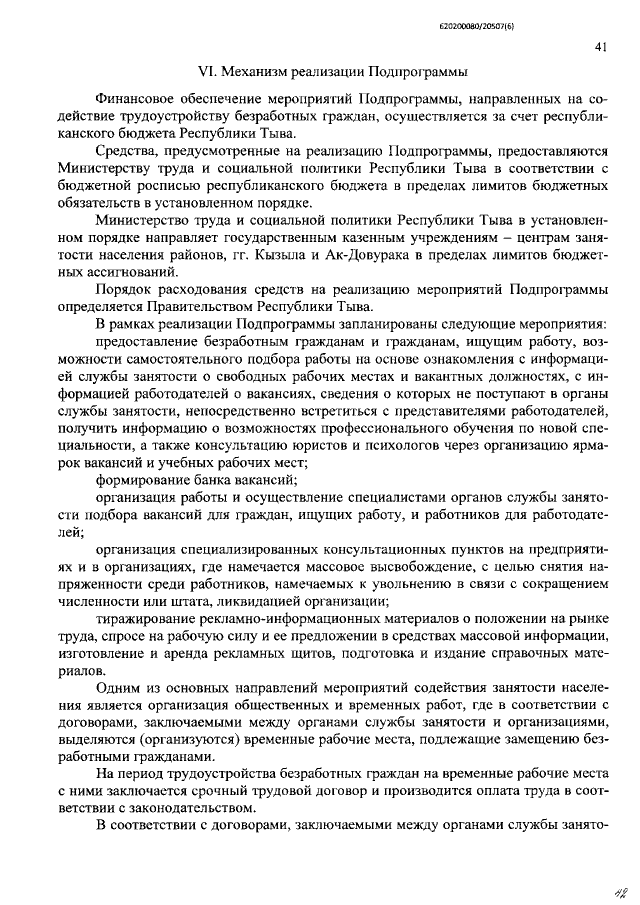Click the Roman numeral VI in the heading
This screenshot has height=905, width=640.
[208, 72]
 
